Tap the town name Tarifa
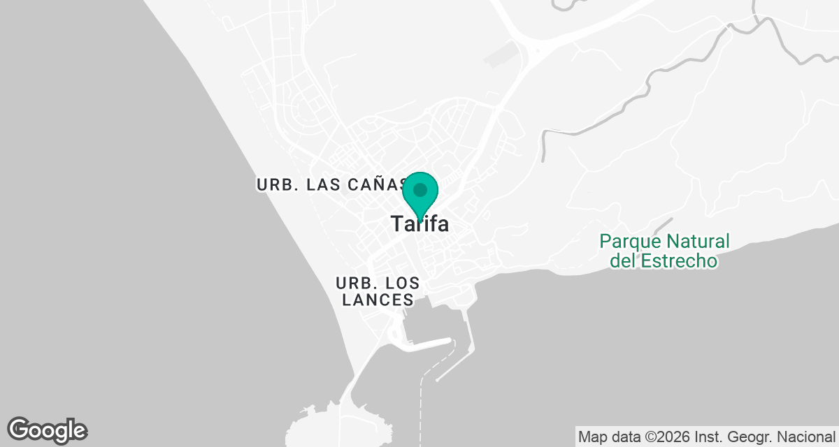tap(419, 224)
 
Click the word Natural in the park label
tap(697, 242)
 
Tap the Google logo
tap(48, 430)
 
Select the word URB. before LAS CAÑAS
tap(273, 185)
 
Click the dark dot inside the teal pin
tap(420, 189)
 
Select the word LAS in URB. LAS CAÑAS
tap(323, 185)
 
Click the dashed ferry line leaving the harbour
tap(422, 405)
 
